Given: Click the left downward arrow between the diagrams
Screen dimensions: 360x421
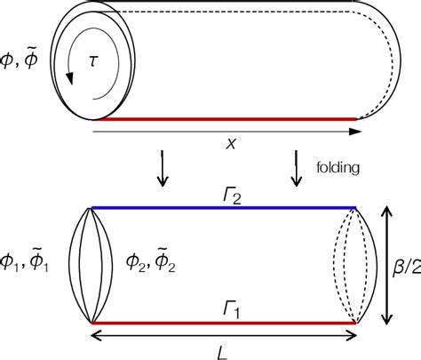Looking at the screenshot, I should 162,169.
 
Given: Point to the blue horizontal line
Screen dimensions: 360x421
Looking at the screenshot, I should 222,208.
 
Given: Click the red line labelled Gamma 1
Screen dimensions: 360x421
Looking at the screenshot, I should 222,323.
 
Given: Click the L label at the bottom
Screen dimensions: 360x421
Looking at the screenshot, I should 222,350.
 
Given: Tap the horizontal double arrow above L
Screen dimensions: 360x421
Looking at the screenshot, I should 222,335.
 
